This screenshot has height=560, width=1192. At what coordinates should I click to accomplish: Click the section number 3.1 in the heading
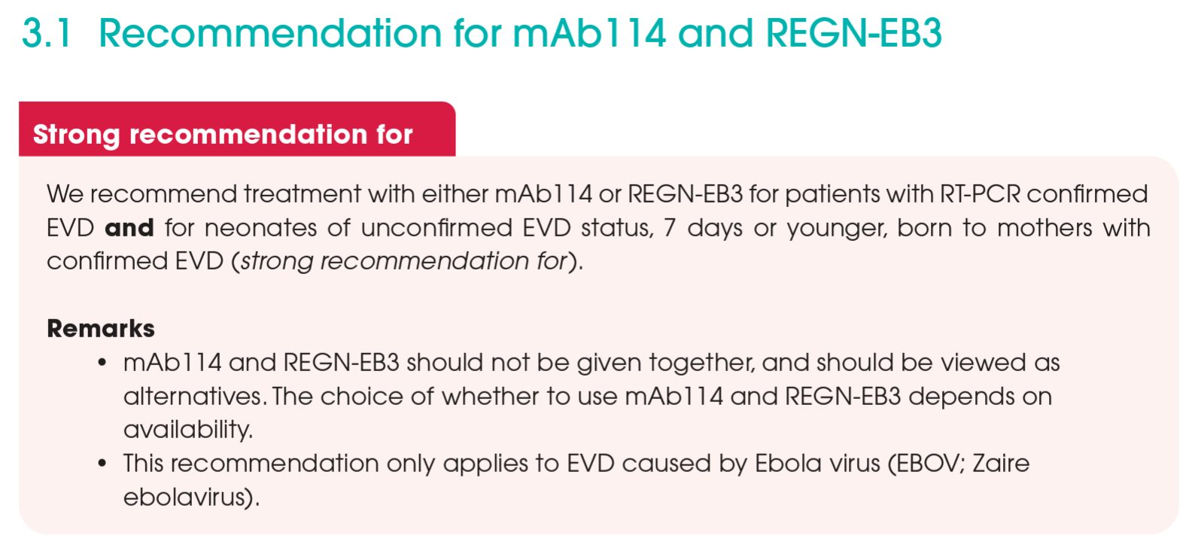tap(47, 33)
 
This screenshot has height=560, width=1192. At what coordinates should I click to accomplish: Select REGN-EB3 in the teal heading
tap(853, 33)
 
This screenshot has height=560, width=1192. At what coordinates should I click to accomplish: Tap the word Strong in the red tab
tap(76, 135)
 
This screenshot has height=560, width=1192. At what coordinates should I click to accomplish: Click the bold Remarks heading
tap(101, 328)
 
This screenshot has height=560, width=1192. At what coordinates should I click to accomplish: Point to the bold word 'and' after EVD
tap(129, 227)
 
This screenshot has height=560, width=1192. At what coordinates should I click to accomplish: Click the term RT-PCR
tap(980, 194)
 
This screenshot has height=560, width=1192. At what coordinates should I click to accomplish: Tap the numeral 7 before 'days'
tap(670, 227)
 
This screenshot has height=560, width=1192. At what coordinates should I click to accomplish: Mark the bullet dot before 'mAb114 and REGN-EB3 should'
tap(102, 363)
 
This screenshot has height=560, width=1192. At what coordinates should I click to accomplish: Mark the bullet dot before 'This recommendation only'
tap(102, 463)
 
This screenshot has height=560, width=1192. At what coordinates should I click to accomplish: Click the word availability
tap(187, 430)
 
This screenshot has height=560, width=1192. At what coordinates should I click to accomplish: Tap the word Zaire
tap(1001, 463)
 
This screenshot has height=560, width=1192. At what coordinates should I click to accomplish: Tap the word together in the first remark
tap(701, 363)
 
